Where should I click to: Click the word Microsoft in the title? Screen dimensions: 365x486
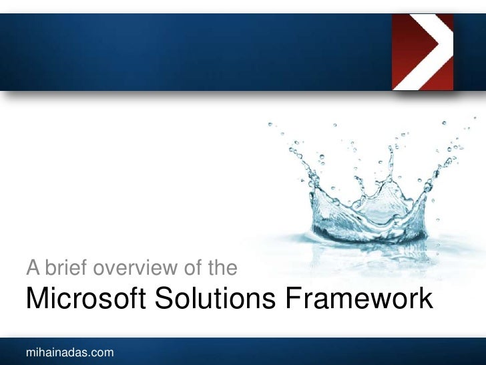coord(86,299)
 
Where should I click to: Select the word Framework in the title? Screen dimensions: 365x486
coord(360,299)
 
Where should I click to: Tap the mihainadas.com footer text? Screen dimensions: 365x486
coord(69,352)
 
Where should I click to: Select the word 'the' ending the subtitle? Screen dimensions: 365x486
coord(222,269)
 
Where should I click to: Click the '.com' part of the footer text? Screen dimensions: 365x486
coord(102,352)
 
